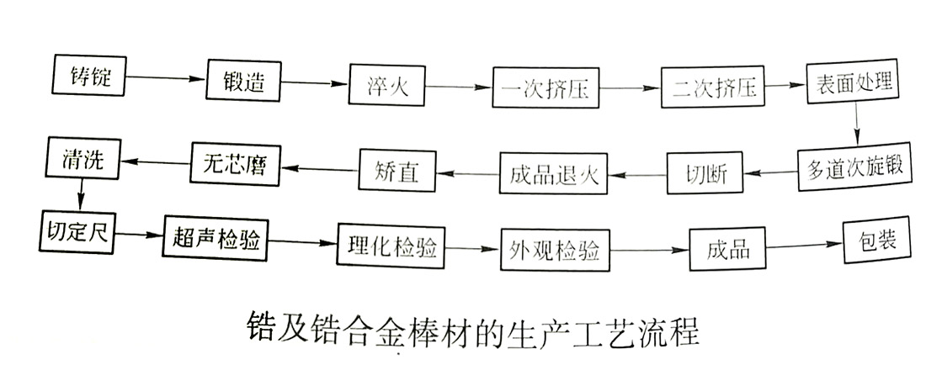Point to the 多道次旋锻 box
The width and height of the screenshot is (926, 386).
click(x=854, y=167)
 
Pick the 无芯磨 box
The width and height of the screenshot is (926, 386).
click(x=235, y=162)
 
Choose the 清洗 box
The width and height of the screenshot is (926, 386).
click(x=84, y=160)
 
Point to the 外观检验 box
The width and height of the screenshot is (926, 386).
click(x=555, y=248)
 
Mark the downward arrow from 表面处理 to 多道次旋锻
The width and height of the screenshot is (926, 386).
click(x=856, y=126)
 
